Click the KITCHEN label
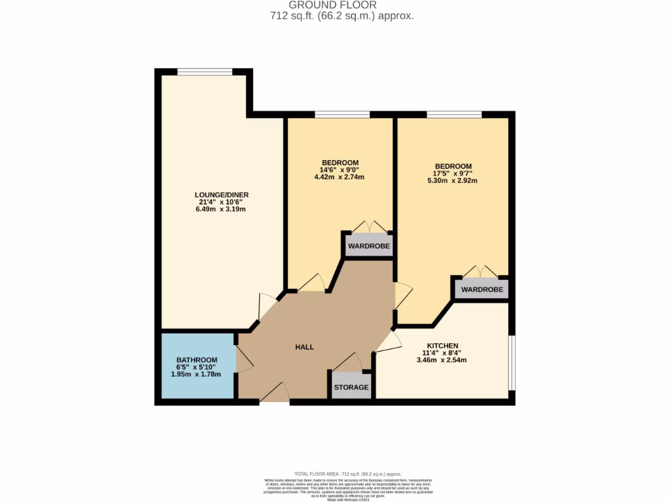[x=442, y=346]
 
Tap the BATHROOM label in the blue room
[x=196, y=360]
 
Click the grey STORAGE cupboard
[x=351, y=386]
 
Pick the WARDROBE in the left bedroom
[x=368, y=246]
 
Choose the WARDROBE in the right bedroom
[x=482, y=289]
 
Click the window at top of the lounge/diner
[x=204, y=72]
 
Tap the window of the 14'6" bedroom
[x=342, y=114]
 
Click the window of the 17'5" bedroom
[x=454, y=114]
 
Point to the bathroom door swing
[x=244, y=359]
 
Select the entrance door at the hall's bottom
[x=274, y=393]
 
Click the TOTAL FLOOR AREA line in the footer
[x=348, y=473]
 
